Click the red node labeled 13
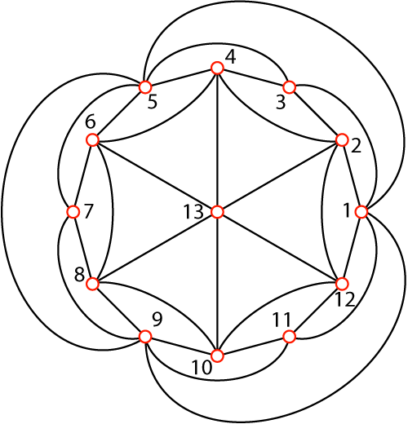217,212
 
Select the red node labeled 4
217,68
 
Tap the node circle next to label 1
361,212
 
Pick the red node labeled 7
73,212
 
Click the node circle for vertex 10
217,356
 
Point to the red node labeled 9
145,337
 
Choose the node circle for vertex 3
290,87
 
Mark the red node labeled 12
342,284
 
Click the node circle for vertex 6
92,140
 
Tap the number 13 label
193,212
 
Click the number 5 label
153,102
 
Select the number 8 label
79,275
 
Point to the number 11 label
282,320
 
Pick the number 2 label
356,146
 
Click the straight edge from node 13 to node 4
217,139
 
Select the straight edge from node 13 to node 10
217,284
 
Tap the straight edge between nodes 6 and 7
82,176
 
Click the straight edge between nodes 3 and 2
316,113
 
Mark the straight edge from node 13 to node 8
155,248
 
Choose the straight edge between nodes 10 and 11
253,347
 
